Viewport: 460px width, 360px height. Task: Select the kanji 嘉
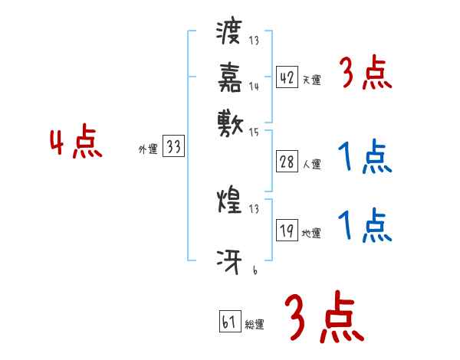(x=230, y=77)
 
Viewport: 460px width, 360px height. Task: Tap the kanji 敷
(x=230, y=120)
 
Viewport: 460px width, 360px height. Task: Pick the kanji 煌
(x=230, y=202)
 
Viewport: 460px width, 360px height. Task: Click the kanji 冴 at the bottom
(x=230, y=261)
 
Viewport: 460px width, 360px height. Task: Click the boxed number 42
(x=287, y=77)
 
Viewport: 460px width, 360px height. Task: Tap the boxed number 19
(x=287, y=230)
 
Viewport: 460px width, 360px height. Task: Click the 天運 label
(x=312, y=80)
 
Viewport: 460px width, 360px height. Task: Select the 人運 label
(x=312, y=163)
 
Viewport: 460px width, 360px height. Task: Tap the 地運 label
(x=312, y=233)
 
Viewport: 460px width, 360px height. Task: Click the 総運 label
(x=255, y=324)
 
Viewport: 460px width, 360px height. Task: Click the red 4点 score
(x=75, y=145)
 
